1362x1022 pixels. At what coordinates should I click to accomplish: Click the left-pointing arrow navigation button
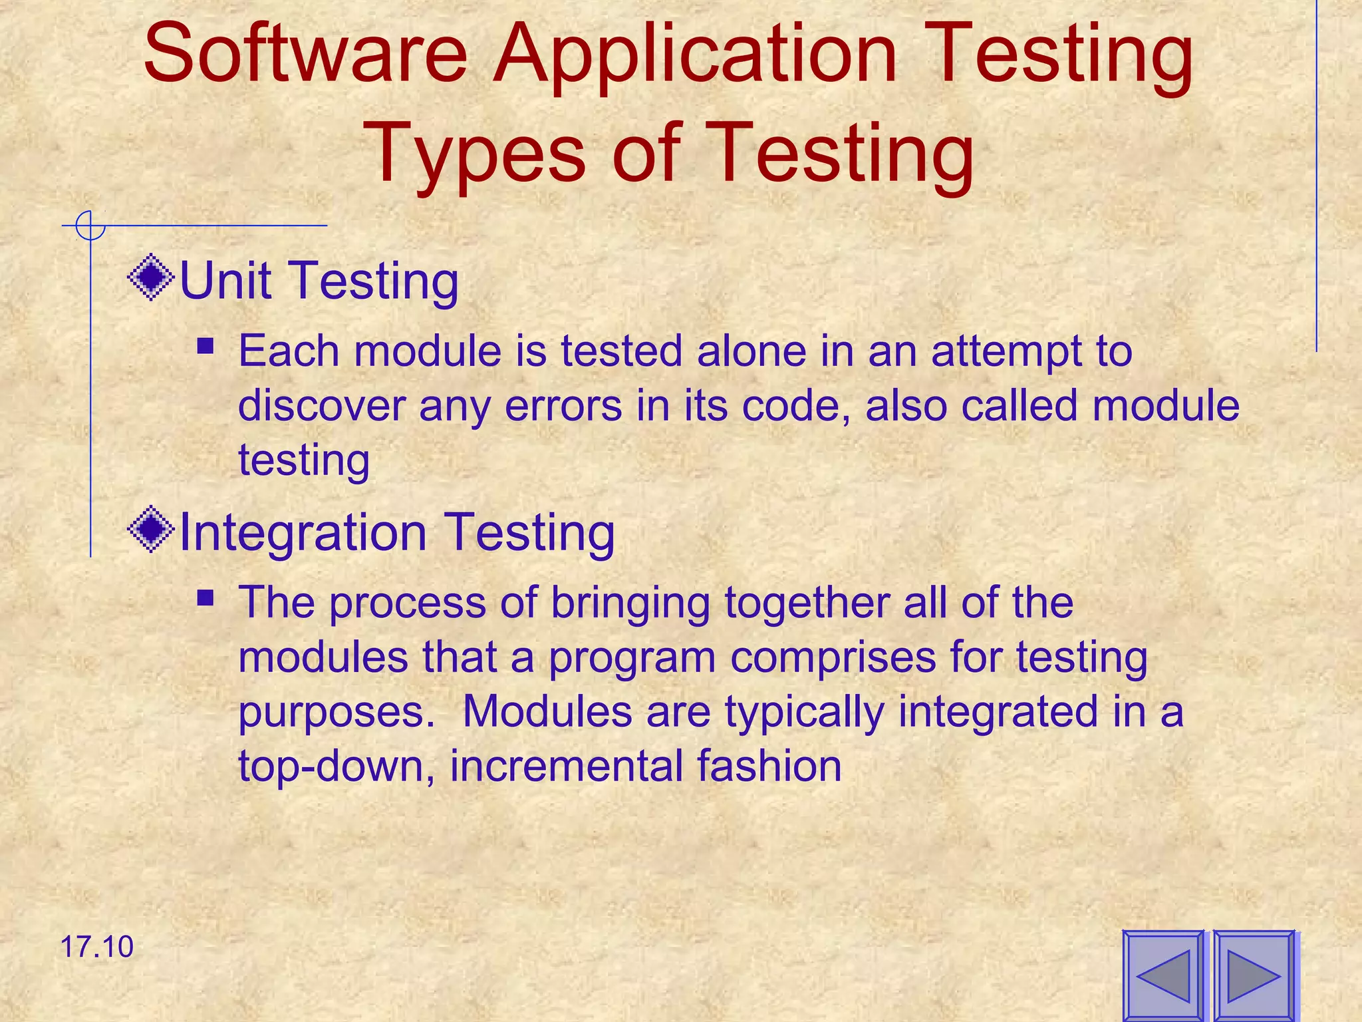1163,975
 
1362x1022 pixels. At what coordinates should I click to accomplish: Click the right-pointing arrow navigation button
1254,975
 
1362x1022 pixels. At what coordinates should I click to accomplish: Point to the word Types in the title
476,154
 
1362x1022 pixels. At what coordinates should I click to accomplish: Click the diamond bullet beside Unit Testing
152,277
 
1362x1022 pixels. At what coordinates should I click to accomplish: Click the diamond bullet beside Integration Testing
152,530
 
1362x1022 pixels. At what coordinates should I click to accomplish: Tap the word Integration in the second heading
303,532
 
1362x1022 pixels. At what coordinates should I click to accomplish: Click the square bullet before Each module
205,346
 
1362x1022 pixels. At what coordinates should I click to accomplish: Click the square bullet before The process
205,597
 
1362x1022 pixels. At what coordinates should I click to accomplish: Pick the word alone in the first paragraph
751,351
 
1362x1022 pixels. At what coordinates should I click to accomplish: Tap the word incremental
566,766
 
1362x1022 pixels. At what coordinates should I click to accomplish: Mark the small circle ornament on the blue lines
90,226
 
